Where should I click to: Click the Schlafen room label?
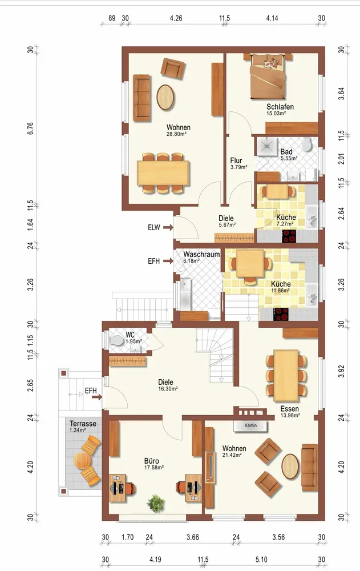click(x=280, y=107)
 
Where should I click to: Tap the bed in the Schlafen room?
click(x=268, y=76)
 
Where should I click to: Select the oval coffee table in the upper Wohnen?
click(x=165, y=97)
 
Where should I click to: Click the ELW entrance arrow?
click(x=168, y=228)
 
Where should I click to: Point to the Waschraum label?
click(x=201, y=254)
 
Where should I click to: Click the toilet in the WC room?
click(x=116, y=341)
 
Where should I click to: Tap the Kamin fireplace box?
click(x=250, y=426)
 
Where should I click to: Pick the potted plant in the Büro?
click(x=156, y=503)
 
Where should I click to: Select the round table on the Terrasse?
click(x=83, y=461)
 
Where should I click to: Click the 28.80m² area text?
click(x=176, y=134)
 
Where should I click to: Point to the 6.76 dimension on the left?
click(x=30, y=128)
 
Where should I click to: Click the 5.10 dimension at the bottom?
click(x=261, y=560)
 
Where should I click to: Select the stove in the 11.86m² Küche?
click(x=281, y=314)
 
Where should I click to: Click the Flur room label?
click(x=236, y=160)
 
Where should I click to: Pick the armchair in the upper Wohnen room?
click(x=173, y=68)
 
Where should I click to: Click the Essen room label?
click(x=289, y=409)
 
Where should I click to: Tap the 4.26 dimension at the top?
click(x=176, y=18)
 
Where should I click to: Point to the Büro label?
click(x=151, y=461)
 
